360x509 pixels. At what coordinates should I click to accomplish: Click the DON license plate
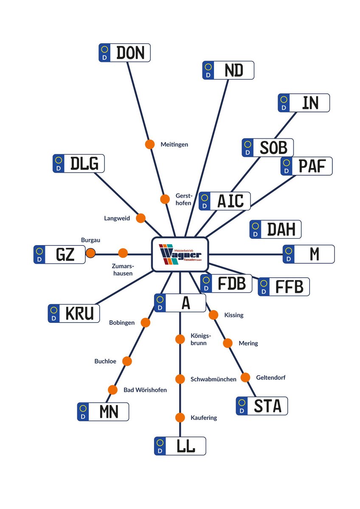[124, 53]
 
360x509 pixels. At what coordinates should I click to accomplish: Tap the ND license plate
[228, 70]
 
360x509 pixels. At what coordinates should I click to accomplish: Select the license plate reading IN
[304, 103]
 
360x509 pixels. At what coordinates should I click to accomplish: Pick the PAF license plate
[307, 166]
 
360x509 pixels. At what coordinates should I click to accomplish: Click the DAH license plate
[276, 229]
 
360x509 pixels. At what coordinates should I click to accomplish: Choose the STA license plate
[262, 406]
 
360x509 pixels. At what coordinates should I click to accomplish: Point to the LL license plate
[180, 446]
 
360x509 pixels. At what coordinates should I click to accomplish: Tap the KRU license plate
[74, 313]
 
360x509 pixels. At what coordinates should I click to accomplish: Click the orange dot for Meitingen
[150, 144]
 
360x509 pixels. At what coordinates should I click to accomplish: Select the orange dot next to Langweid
[141, 218]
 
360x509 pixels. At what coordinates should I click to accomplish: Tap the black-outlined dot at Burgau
[90, 253]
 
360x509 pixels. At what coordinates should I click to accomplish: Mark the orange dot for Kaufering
[180, 417]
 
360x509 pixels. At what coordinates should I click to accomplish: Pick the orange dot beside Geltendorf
[245, 377]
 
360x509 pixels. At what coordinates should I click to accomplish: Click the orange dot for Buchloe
[127, 361]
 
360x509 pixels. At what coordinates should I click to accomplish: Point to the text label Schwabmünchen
[213, 379]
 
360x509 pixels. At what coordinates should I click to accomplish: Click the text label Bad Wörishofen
[145, 390]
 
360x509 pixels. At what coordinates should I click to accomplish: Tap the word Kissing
[233, 315]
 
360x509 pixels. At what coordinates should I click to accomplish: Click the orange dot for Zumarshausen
[123, 253]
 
